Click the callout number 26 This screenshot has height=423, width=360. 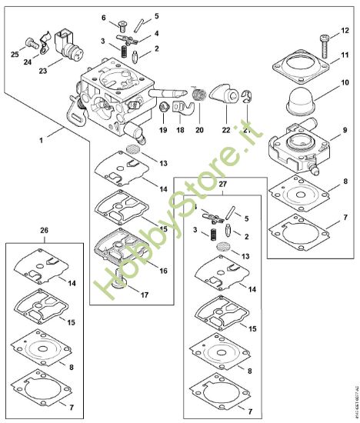pos(43,231)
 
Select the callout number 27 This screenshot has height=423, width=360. pos(224,185)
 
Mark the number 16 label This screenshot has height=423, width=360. pos(162,271)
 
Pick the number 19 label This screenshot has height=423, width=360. pos(162,131)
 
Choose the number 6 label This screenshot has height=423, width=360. pos(105,17)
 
